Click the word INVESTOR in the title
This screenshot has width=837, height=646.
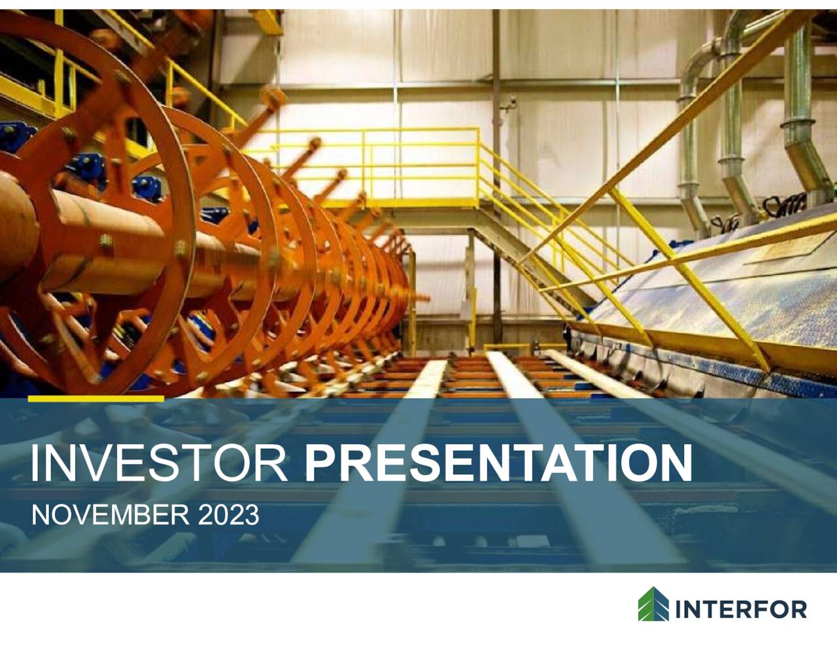(159, 463)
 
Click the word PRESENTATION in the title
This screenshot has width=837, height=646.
(498, 463)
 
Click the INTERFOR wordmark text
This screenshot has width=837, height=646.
(740, 610)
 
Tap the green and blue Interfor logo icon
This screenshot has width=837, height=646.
(653, 604)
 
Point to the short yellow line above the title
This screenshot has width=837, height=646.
(95, 398)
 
